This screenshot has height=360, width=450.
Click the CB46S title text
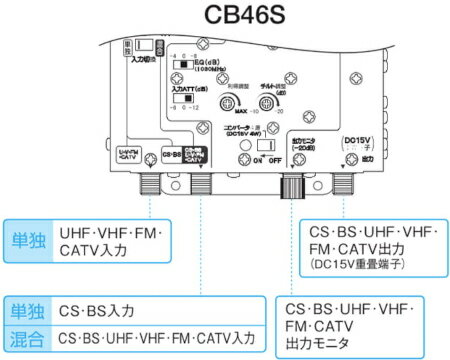pos(224,17)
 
